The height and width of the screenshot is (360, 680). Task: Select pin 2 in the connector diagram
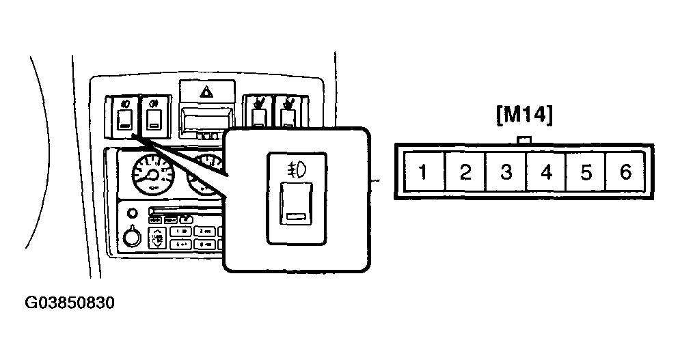pyautogui.click(x=465, y=171)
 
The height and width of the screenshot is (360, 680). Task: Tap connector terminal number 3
pyautogui.click(x=506, y=171)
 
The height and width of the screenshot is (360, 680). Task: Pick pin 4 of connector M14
pyautogui.click(x=547, y=171)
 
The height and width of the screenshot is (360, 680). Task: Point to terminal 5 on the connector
pyautogui.click(x=586, y=171)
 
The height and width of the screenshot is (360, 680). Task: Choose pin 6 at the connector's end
pyautogui.click(x=625, y=171)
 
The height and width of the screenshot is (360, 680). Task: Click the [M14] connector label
pyautogui.click(x=525, y=115)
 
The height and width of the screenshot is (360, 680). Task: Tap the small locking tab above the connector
pyautogui.click(x=524, y=139)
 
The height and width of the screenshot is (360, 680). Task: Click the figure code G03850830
pyautogui.click(x=70, y=303)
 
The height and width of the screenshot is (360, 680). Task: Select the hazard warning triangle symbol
pyautogui.click(x=206, y=92)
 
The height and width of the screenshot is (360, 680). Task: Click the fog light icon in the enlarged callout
pyautogui.click(x=297, y=169)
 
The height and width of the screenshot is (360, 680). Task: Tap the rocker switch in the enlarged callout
pyautogui.click(x=296, y=204)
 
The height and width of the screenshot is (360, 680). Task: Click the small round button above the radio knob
pyautogui.click(x=133, y=213)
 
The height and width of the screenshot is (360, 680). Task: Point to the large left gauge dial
pyautogui.click(x=152, y=174)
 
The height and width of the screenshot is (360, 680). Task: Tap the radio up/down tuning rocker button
pyautogui.click(x=157, y=237)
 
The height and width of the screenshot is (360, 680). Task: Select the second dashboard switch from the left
pyautogui.click(x=154, y=116)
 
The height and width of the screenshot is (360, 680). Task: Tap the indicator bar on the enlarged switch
pyautogui.click(x=295, y=217)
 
